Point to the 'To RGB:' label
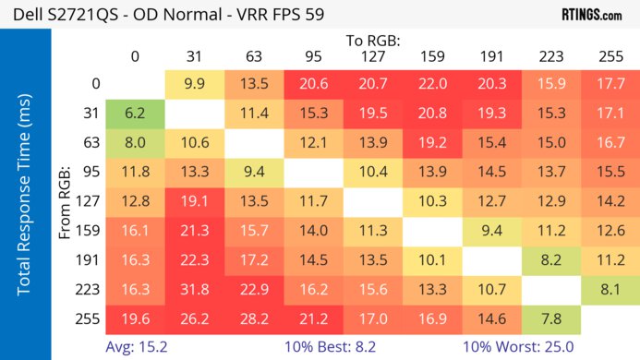tap(372, 41)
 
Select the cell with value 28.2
tap(253, 319)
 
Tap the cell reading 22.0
tap(431, 85)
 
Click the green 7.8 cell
tap(549, 319)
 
